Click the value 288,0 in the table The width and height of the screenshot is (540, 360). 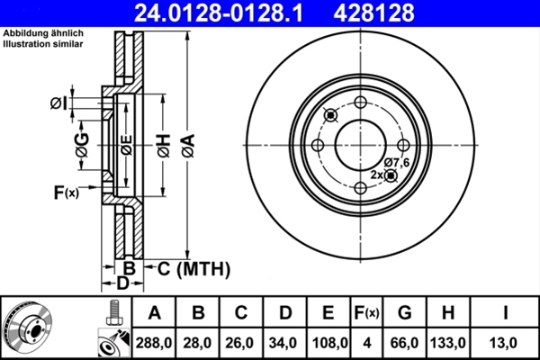point(156,342)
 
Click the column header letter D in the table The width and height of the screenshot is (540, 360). point(285,313)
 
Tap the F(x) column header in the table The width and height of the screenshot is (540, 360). point(367,313)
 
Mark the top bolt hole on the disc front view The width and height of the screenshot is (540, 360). point(359,103)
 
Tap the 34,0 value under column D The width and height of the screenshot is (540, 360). point(285,342)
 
